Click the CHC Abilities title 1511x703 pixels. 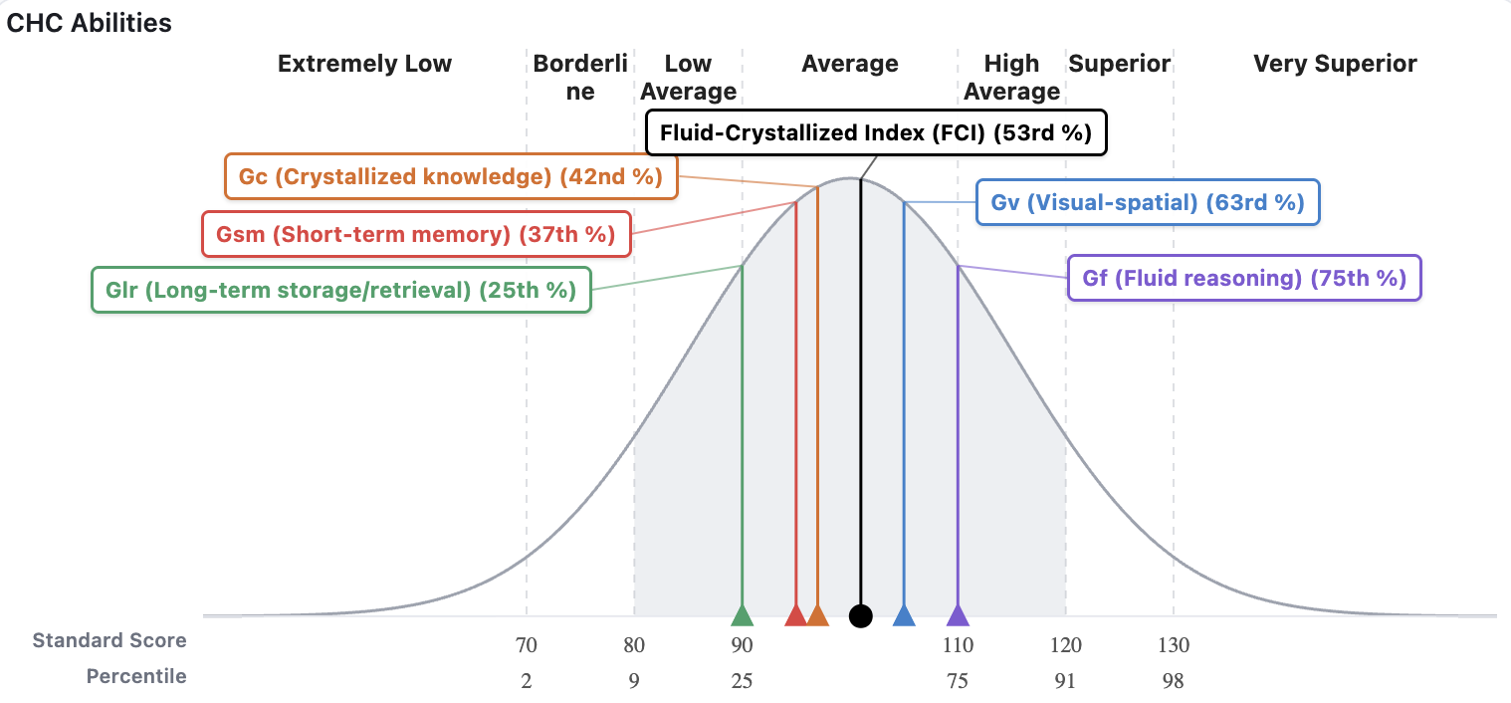[x=90, y=23]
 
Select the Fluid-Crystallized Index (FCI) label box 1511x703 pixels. [x=876, y=132]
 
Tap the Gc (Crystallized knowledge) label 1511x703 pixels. [x=451, y=177]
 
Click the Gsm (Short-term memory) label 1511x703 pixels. [x=416, y=235]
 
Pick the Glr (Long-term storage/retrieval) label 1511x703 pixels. [x=340, y=290]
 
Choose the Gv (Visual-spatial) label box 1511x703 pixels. [x=1148, y=202]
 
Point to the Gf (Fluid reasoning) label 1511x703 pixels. [x=1244, y=278]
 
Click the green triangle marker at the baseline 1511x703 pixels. [x=742, y=615]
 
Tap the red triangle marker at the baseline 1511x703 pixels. [x=795, y=616]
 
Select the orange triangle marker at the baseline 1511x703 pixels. [x=817, y=616]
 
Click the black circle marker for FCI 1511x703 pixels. [x=861, y=616]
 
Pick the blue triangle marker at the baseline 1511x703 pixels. [x=904, y=616]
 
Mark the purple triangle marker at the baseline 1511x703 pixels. [x=958, y=616]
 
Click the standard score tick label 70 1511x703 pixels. [x=527, y=645]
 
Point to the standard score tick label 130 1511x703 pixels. [x=1174, y=645]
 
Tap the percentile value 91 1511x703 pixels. [x=1066, y=681]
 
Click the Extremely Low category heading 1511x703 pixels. [x=364, y=64]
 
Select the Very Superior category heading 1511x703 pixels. [x=1335, y=64]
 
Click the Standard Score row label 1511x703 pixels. [x=109, y=640]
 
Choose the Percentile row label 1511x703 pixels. [x=136, y=676]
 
